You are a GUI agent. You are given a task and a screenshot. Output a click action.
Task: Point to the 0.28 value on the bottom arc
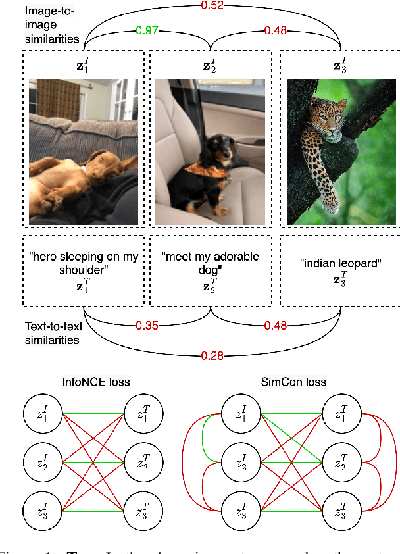(x=212, y=356)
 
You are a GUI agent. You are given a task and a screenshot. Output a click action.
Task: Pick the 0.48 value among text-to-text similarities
(x=276, y=325)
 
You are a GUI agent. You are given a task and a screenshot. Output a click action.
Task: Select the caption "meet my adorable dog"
(x=211, y=263)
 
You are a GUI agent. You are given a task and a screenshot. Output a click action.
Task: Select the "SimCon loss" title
(x=302, y=382)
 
